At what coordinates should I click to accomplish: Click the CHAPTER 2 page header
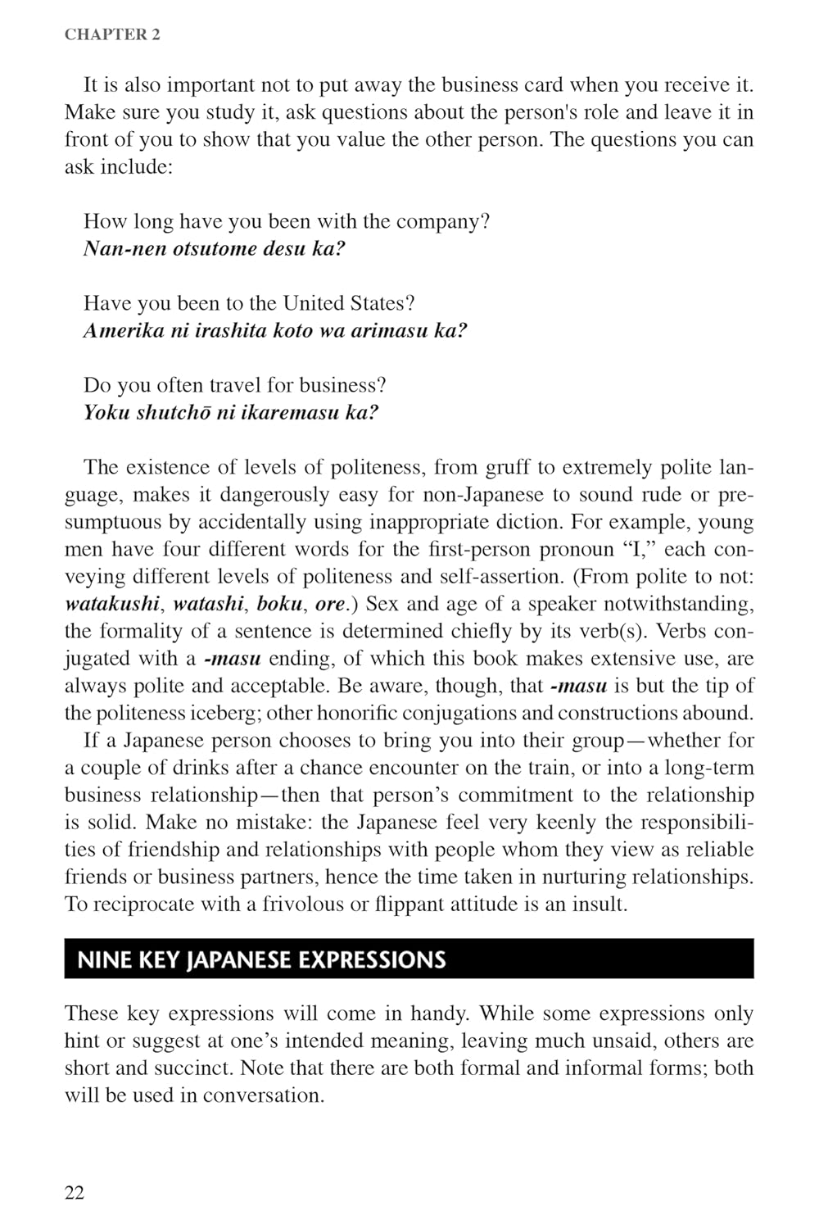[112, 34]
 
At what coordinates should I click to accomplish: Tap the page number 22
[75, 1192]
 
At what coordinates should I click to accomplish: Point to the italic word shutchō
[172, 413]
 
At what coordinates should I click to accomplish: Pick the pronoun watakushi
[111, 605]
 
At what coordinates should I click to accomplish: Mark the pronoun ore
[330, 605]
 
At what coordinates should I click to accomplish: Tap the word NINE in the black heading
[103, 959]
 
